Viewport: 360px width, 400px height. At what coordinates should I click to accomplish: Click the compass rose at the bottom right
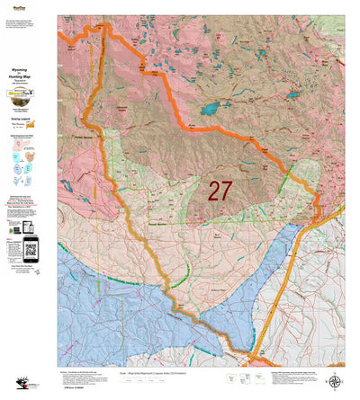pos(335,383)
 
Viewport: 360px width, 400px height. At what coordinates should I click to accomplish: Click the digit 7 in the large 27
pos(227,190)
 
